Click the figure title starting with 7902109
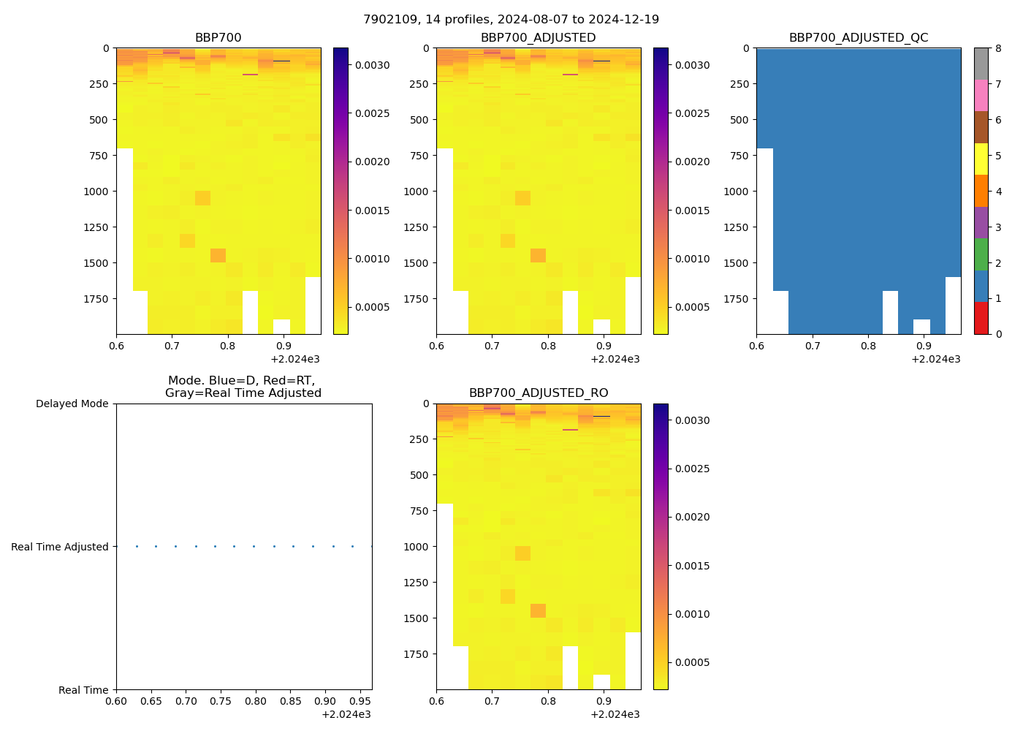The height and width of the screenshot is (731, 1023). pyautogui.click(x=511, y=20)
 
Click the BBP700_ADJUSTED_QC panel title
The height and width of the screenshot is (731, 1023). pyautogui.click(x=858, y=38)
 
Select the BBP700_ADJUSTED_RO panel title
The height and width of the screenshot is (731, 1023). pyautogui.click(x=538, y=393)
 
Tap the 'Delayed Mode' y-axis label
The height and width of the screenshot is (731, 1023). pyautogui.click(x=72, y=404)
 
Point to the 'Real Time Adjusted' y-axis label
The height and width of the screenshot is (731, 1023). pyautogui.click(x=60, y=547)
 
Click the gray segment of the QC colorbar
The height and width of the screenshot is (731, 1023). pyautogui.click(x=981, y=64)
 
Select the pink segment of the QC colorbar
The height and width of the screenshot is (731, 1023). pyautogui.click(x=981, y=95)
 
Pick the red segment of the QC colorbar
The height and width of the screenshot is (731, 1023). pyautogui.click(x=981, y=318)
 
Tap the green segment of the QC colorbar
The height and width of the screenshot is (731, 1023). pyautogui.click(x=981, y=254)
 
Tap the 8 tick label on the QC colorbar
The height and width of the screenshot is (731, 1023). pyautogui.click(x=997, y=48)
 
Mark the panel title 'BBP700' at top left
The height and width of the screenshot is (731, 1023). pyautogui.click(x=218, y=38)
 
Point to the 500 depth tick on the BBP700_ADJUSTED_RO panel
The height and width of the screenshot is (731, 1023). pyautogui.click(x=420, y=475)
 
